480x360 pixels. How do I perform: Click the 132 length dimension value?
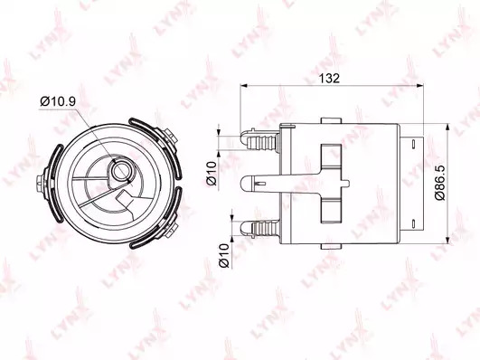tap(329, 79)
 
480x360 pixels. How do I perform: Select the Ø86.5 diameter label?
tap(440, 183)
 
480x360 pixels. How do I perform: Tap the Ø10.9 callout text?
tap(58, 101)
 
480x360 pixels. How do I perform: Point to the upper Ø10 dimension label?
tap(212, 174)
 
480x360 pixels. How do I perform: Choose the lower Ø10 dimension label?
tap(224, 255)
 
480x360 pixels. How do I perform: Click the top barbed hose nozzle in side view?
tap(259, 139)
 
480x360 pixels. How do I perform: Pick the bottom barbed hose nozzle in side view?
tap(259, 229)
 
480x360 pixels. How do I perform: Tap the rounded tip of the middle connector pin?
tap(246, 184)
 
